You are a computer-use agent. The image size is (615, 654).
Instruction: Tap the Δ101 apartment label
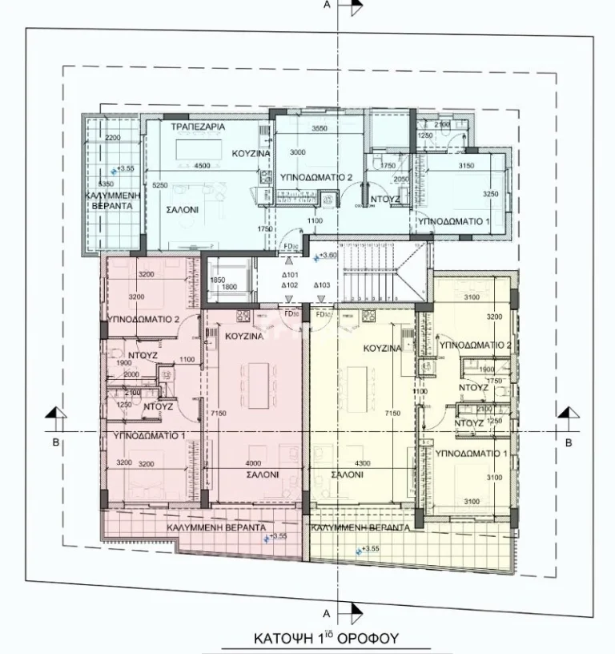pyautogui.click(x=290, y=273)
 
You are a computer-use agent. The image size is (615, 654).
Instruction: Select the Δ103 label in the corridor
pyautogui.click(x=322, y=285)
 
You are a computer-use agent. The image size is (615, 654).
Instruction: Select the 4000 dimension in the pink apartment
pyautogui.click(x=254, y=462)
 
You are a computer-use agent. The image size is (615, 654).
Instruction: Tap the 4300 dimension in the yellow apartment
pyautogui.click(x=363, y=462)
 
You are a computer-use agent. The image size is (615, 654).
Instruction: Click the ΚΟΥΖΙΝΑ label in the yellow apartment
pyautogui.click(x=381, y=349)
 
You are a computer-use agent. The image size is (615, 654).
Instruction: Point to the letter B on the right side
pyautogui.click(x=568, y=442)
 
